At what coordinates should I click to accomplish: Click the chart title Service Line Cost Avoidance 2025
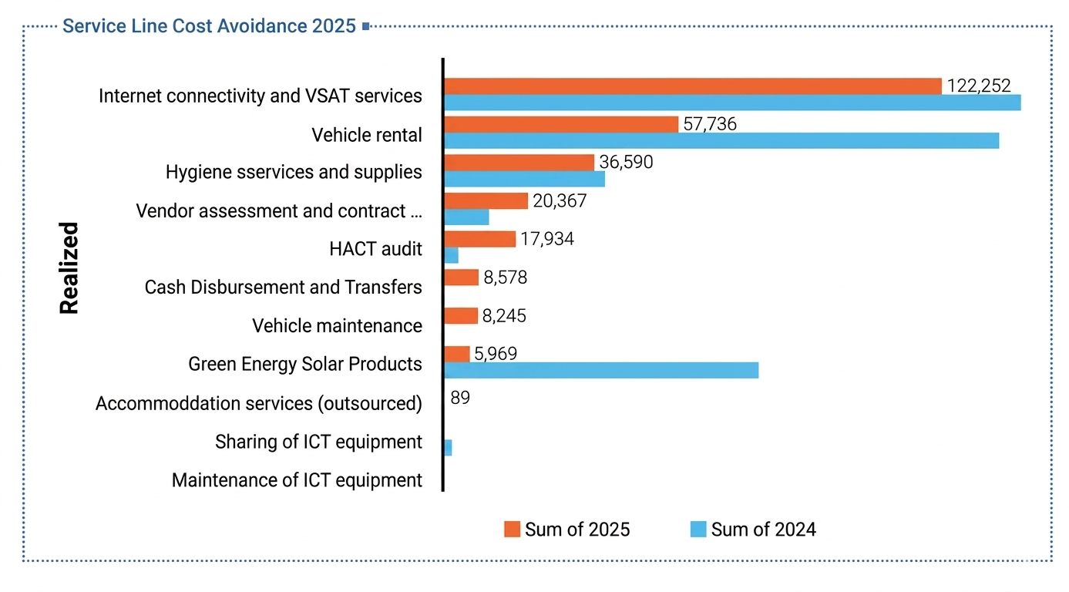(x=209, y=25)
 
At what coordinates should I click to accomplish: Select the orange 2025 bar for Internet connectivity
(x=693, y=86)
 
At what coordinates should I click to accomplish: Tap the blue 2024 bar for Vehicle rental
(x=721, y=141)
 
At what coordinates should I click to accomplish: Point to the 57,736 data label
(x=710, y=124)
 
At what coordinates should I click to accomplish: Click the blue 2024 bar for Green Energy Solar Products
(x=601, y=371)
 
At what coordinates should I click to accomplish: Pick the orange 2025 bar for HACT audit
(x=480, y=239)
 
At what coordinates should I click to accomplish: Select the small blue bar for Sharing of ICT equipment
(x=448, y=448)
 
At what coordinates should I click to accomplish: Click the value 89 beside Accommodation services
(x=460, y=398)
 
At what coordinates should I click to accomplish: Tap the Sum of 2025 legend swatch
(x=512, y=529)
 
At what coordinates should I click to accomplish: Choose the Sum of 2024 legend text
(x=764, y=530)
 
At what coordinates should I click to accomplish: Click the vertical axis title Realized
(x=69, y=267)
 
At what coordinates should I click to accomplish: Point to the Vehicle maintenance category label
(x=337, y=325)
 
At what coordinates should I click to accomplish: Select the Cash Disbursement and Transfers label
(x=284, y=288)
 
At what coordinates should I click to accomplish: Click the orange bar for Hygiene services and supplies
(x=519, y=163)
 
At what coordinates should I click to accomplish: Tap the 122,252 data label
(x=979, y=86)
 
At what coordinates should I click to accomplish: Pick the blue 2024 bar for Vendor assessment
(x=467, y=217)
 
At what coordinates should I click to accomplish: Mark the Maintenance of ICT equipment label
(x=297, y=479)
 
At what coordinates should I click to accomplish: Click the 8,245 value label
(x=504, y=316)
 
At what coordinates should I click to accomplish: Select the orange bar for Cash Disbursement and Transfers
(x=462, y=277)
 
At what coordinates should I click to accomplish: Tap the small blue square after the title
(x=366, y=26)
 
